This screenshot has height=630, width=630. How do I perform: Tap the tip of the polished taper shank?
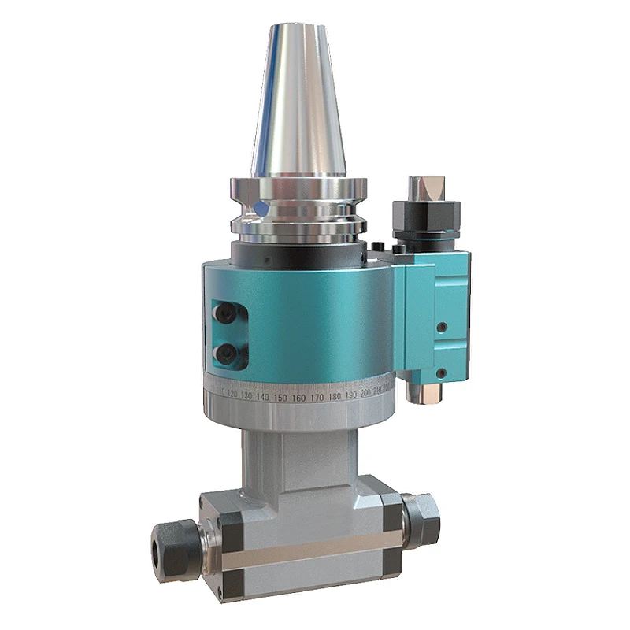[298, 30]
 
